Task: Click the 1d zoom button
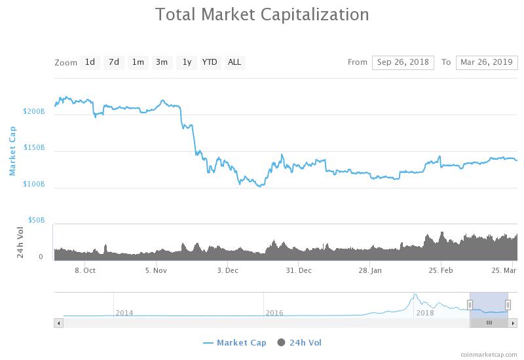[90, 62]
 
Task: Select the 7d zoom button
[114, 62]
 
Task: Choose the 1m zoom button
[138, 62]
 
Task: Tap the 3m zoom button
[162, 62]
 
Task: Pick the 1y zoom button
[187, 62]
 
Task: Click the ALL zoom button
[234, 62]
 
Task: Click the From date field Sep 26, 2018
[403, 62]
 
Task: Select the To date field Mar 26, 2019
[487, 62]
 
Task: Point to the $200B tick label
[34, 111]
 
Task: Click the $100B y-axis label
[34, 184]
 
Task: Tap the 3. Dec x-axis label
[227, 270]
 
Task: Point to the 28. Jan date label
[370, 270]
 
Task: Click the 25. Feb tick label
[441, 270]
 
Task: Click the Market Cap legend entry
[234, 342]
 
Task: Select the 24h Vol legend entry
[299, 342]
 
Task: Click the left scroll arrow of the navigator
[59, 323]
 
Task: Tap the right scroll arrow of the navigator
[513, 323]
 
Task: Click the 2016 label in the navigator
[274, 313]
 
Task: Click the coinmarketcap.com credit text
[489, 355]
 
